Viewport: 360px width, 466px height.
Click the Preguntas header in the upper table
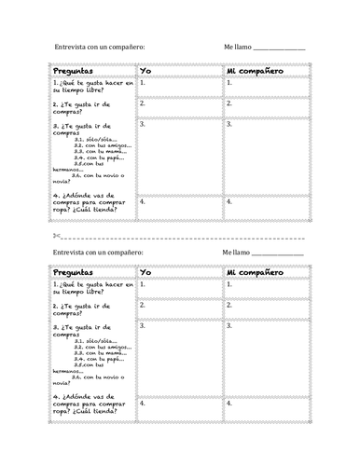coord(74,70)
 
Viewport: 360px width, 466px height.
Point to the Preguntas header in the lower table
coord(74,272)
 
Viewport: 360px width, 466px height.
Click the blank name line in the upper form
coord(279,48)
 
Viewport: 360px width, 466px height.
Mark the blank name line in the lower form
coord(277,252)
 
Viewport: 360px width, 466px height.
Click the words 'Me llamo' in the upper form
coord(238,46)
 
